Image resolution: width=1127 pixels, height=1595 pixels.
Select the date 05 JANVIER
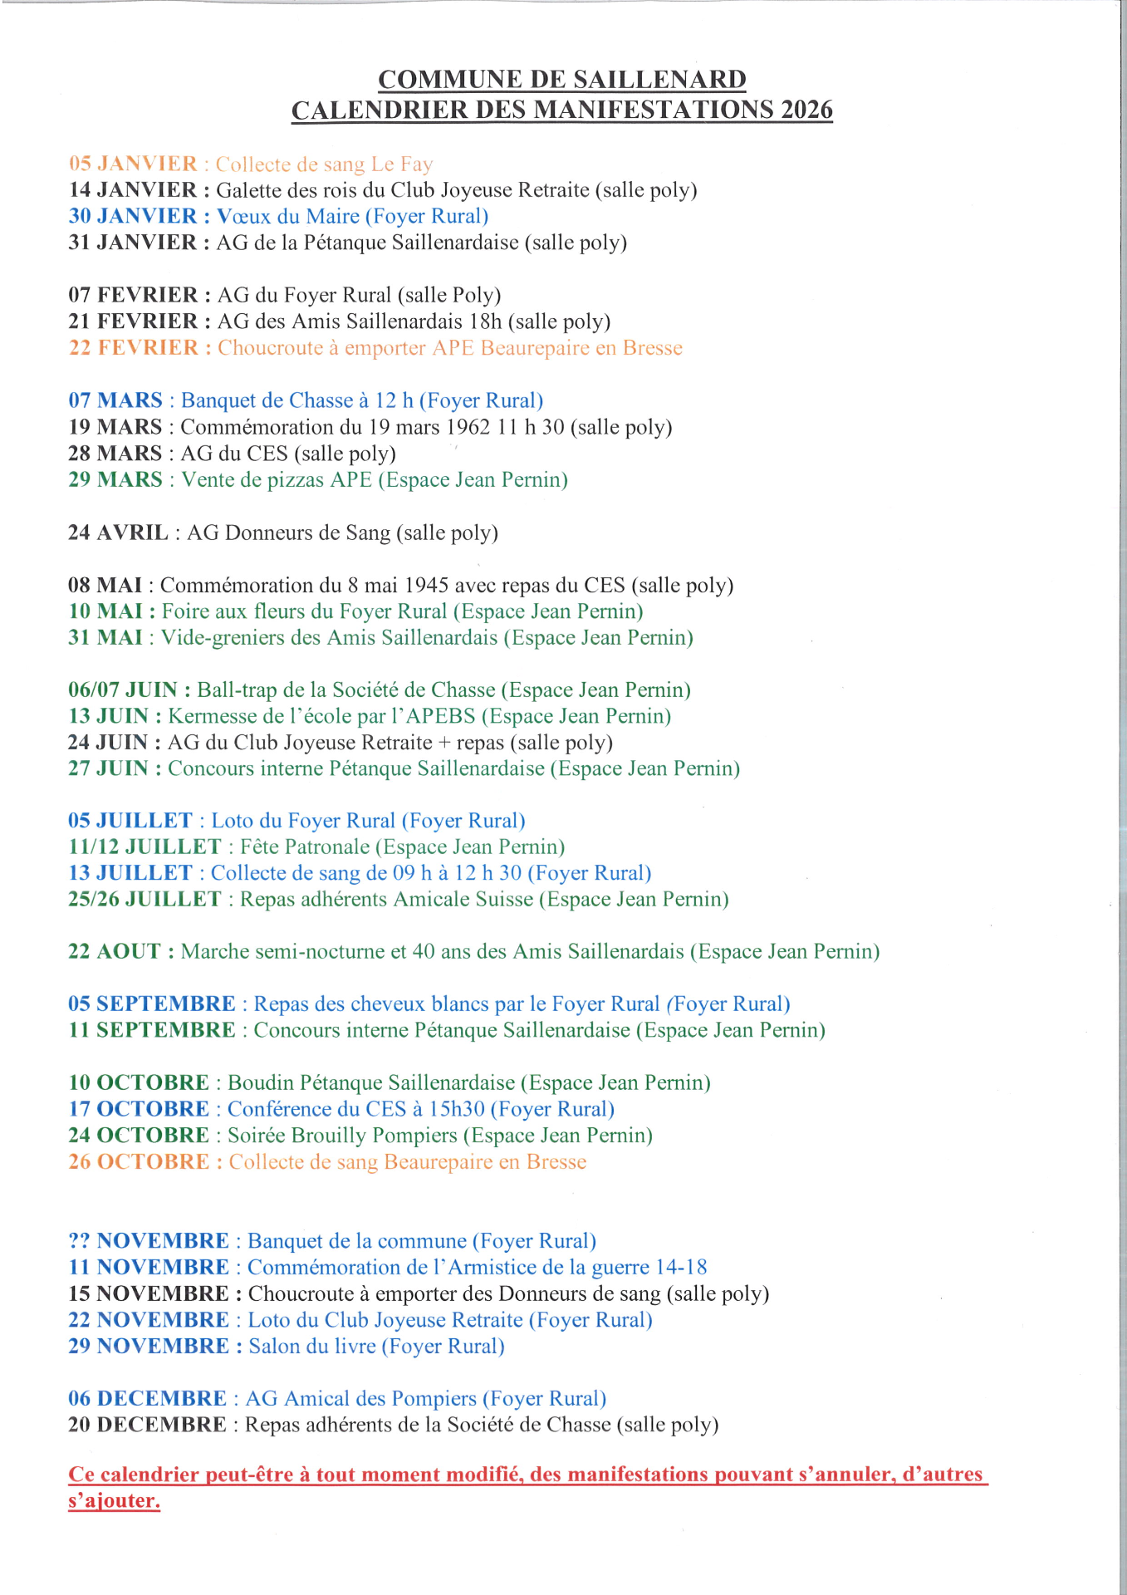click(x=133, y=164)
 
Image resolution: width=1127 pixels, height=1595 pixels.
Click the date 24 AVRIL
click(x=118, y=532)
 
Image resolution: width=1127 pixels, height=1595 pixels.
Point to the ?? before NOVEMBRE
click(x=80, y=1241)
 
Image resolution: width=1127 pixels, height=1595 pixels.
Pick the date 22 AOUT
click(x=115, y=951)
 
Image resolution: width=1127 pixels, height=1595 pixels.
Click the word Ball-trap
click(x=237, y=690)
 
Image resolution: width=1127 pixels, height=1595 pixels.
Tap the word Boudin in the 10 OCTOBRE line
click(x=261, y=1083)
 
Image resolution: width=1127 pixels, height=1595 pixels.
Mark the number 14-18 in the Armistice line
click(x=681, y=1268)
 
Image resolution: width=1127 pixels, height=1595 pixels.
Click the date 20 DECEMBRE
click(x=147, y=1425)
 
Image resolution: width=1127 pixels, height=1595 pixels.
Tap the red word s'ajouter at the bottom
click(x=114, y=1501)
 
